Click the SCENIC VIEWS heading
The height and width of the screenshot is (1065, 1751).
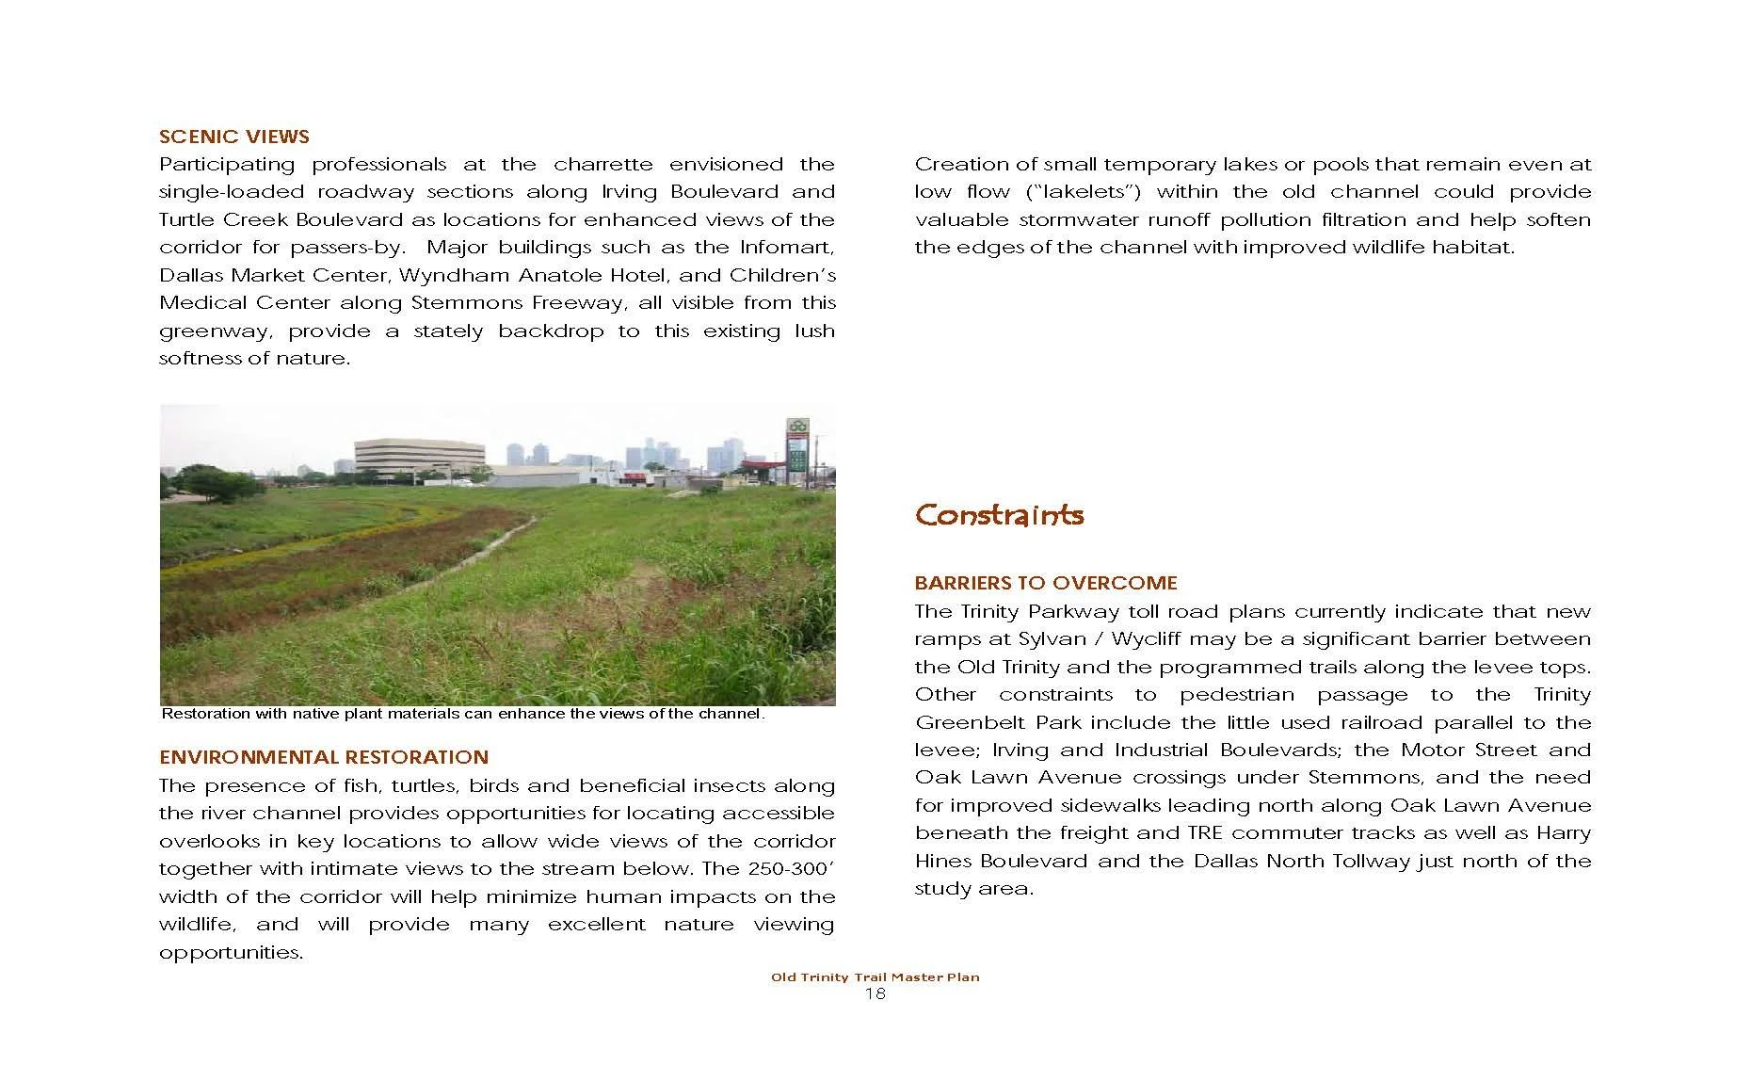point(234,137)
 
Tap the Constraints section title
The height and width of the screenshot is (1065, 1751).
point(999,515)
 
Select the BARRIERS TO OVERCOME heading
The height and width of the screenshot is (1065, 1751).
point(1046,583)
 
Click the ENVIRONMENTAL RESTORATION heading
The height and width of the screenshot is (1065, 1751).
point(324,757)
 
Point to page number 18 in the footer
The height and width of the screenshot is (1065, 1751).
point(875,994)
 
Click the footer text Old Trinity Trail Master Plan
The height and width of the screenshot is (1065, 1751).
point(875,977)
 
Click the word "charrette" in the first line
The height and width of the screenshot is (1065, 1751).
point(602,165)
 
